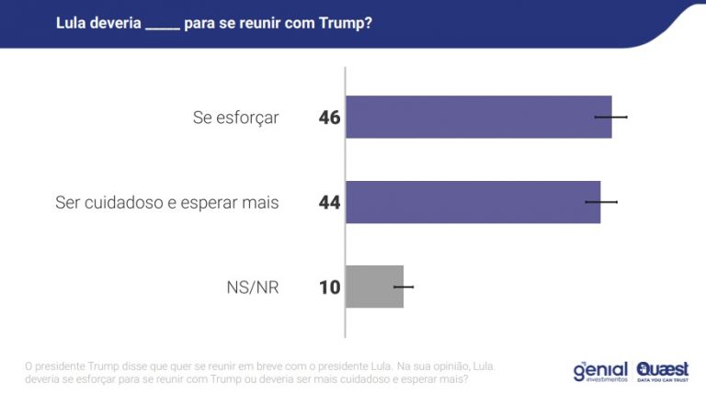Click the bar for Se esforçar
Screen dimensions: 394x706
tap(478, 117)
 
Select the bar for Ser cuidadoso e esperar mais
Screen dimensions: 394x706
tap(473, 201)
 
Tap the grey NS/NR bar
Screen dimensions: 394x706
tap(374, 287)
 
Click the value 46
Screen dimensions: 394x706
tap(330, 118)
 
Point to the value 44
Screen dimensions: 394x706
tap(330, 202)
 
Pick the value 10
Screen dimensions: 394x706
tap(330, 287)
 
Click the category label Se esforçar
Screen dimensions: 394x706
tap(235, 118)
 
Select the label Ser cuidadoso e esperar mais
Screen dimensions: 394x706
tap(166, 202)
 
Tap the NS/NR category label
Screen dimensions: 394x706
tap(252, 287)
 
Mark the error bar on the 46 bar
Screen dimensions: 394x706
tap(611, 117)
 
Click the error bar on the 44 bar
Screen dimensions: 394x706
tap(601, 201)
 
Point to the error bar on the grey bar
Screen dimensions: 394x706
tap(404, 287)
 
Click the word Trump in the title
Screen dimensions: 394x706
tap(343, 22)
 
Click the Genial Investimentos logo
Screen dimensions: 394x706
tap(599, 371)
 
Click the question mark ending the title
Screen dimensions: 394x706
tap(368, 22)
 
